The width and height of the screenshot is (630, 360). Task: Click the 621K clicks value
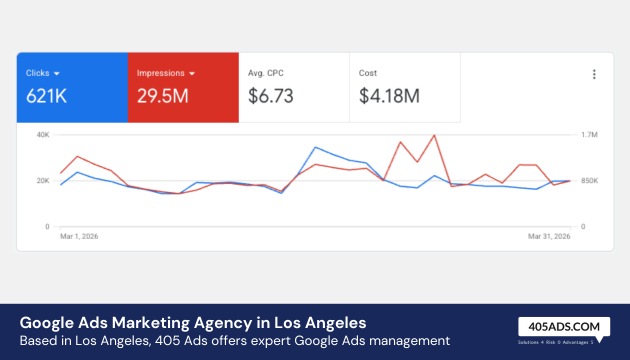coord(46,96)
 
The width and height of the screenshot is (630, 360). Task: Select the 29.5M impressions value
coord(166,96)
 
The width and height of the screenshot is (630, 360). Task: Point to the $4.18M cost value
coord(389,96)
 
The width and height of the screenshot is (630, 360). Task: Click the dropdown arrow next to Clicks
coord(57,73)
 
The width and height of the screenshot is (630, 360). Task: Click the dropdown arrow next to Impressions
coord(190,73)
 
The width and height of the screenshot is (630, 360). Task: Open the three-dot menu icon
coord(594,74)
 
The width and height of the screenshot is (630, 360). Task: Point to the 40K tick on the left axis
coord(43,134)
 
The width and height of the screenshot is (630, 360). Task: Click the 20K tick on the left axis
coord(43,181)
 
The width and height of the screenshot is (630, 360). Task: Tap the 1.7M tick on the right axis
coord(589,134)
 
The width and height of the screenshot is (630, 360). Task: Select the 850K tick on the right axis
coord(590,181)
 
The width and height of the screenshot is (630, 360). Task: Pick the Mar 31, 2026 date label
coord(549,238)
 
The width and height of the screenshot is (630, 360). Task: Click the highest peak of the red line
coord(434,135)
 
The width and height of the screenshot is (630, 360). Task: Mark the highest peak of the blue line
coord(315,147)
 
